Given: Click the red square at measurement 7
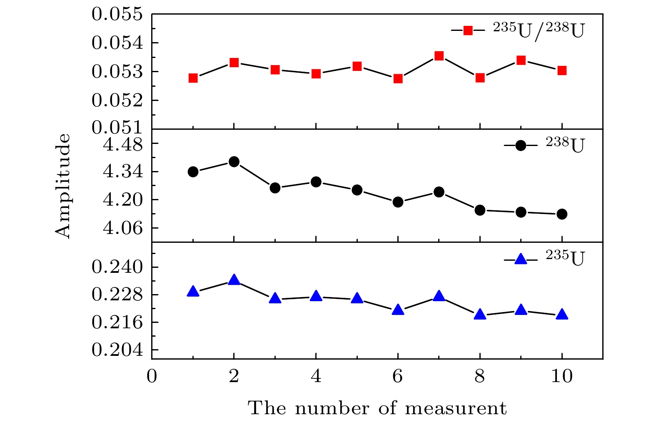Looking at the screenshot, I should point(439,56).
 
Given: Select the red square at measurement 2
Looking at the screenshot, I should point(234,63).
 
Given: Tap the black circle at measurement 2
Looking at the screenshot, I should point(234,161).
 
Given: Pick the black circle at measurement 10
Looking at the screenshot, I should point(562,214).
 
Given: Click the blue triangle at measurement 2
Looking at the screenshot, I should point(234,280).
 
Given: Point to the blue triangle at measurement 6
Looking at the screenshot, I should point(398,310).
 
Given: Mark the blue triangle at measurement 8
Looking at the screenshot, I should point(480,315).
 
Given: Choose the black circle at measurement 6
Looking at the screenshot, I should point(398,202).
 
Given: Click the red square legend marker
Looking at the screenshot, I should point(468,30).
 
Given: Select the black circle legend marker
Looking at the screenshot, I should point(521,145).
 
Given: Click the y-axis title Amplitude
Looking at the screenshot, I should point(63,186).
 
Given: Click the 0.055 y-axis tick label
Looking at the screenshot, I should point(117,15).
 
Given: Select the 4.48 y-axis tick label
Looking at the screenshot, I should point(122,145).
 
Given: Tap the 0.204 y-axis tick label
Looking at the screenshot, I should point(117,350).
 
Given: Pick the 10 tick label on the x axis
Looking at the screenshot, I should point(562,377).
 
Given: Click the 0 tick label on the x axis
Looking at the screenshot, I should point(152,377).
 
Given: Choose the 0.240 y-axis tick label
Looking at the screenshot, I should point(117,267).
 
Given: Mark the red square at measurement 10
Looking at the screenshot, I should point(562,70).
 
